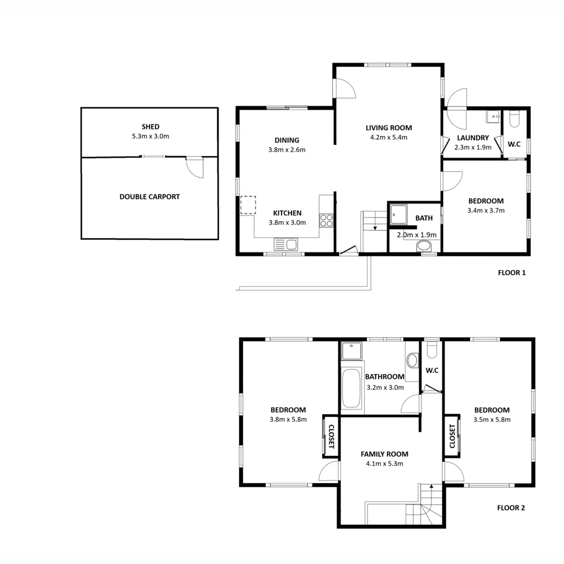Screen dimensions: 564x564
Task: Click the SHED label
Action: click(x=150, y=126)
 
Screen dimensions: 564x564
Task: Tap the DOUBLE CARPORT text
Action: click(x=149, y=197)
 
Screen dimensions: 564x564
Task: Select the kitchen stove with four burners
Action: click(x=327, y=220)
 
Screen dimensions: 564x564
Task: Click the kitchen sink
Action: click(x=285, y=244)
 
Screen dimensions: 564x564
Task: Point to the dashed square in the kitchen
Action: click(x=248, y=205)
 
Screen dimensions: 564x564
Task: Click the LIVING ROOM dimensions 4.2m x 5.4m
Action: click(x=389, y=137)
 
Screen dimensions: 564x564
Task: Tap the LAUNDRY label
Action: click(x=472, y=138)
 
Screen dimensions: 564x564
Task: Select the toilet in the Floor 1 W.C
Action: click(x=514, y=120)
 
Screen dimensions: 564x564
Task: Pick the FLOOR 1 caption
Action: click(x=511, y=272)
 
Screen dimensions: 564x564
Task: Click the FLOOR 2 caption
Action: click(x=511, y=507)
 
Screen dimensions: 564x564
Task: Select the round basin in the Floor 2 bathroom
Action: click(x=413, y=360)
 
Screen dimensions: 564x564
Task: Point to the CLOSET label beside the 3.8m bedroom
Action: click(x=330, y=436)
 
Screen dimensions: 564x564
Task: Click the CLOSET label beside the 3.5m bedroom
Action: click(x=452, y=436)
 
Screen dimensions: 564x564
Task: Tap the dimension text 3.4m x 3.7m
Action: click(x=486, y=210)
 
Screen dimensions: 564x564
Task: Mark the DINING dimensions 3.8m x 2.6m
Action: click(x=287, y=150)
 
